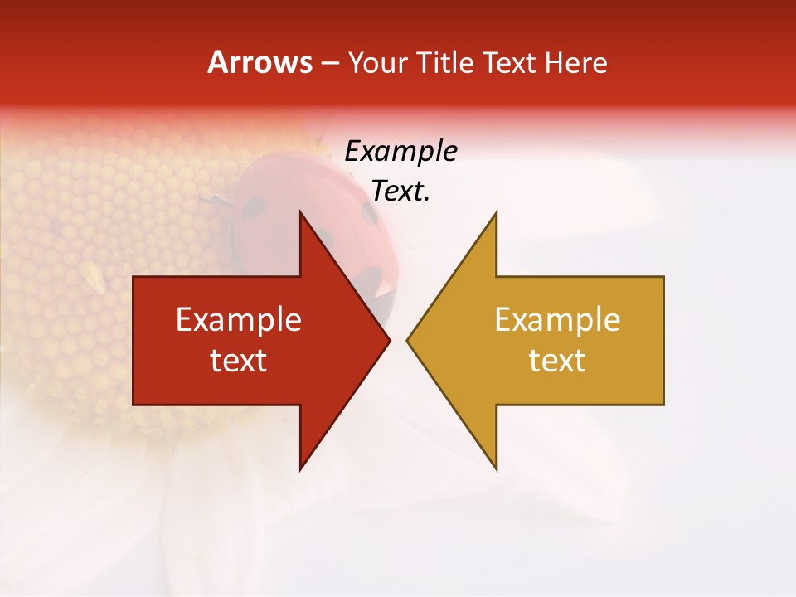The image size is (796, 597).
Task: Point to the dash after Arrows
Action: (329, 64)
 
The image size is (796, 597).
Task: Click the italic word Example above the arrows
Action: (400, 152)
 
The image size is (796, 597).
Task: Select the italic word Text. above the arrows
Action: (400, 192)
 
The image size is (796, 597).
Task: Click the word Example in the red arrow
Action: (239, 320)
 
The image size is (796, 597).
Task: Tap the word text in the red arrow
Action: (239, 361)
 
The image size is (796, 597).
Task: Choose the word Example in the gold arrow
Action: (557, 320)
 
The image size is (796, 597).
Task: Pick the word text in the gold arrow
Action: (557, 361)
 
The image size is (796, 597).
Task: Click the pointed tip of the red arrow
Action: (388, 340)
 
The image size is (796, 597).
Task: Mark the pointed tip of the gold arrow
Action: (408, 340)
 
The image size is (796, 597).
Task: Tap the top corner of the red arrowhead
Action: (301, 212)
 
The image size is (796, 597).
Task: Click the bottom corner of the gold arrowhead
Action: (496, 468)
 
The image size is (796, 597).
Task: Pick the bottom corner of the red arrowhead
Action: (301, 468)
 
